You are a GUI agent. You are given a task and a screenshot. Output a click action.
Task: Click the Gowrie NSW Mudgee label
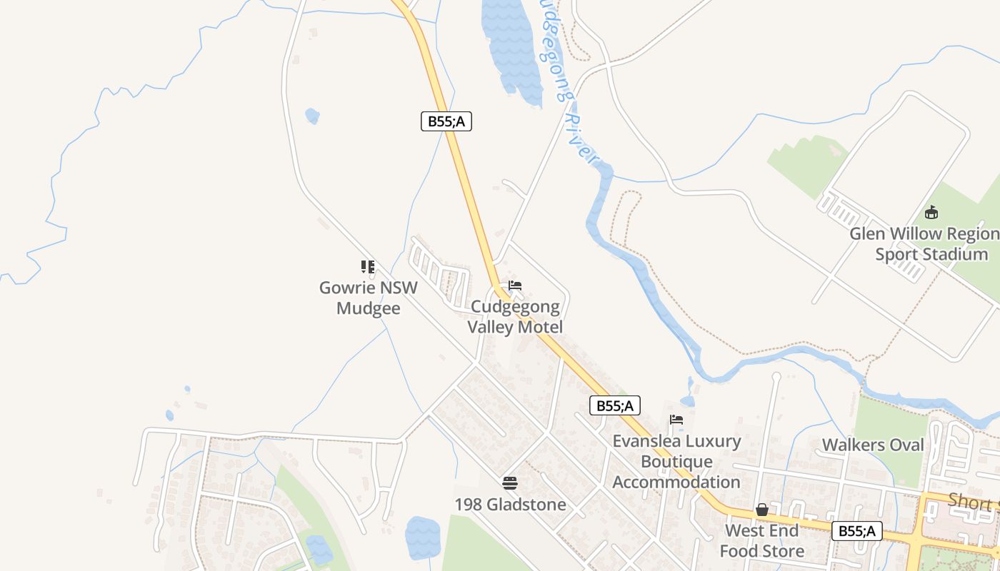pos(368,298)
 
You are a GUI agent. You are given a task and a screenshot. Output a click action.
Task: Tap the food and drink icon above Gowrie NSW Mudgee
pos(368,267)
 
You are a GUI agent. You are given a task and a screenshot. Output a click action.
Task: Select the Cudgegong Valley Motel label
pos(515,317)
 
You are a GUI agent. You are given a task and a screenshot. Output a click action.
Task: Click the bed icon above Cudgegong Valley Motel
pos(515,285)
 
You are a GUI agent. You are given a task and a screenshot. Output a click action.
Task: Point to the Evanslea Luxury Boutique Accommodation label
pos(676,461)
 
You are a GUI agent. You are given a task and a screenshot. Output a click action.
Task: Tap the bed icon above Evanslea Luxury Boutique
pos(676,420)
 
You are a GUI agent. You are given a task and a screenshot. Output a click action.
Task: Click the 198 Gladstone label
pos(510,505)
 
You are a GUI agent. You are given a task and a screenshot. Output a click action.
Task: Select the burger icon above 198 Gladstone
pos(510,483)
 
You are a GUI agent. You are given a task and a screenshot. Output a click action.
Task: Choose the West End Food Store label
pos(761,541)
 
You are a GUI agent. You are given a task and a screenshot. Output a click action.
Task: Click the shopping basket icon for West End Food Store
pos(762,510)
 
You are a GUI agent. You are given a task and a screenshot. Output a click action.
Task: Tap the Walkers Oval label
pos(873,445)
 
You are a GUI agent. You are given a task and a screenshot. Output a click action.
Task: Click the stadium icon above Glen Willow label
pos(931,212)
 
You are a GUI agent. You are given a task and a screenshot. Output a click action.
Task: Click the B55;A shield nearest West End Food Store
pos(856,531)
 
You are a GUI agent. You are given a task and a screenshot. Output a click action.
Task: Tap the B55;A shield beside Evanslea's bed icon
pos(615,406)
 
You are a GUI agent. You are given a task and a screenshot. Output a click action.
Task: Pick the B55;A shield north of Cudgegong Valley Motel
pos(446,121)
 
